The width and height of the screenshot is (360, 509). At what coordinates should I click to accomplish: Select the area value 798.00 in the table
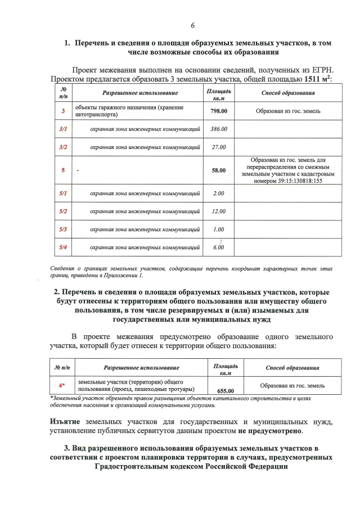click(x=218, y=111)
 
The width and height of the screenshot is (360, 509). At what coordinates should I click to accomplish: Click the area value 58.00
click(x=218, y=170)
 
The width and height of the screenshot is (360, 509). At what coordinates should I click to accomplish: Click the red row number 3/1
click(x=63, y=129)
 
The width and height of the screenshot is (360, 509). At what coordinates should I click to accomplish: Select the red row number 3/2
click(x=63, y=147)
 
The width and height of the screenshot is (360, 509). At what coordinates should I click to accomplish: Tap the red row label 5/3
click(x=63, y=229)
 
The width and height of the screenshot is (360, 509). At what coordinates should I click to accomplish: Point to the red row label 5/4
click(x=63, y=247)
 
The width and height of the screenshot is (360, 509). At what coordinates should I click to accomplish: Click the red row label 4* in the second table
click(x=62, y=386)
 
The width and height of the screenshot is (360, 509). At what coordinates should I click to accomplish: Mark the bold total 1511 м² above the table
click(x=317, y=79)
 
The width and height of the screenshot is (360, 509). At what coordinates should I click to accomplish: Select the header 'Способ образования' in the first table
click(x=288, y=93)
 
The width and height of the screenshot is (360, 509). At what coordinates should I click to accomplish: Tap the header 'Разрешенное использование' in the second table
click(x=142, y=367)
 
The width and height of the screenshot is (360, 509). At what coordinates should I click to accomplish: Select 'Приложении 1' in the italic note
click(x=125, y=276)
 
